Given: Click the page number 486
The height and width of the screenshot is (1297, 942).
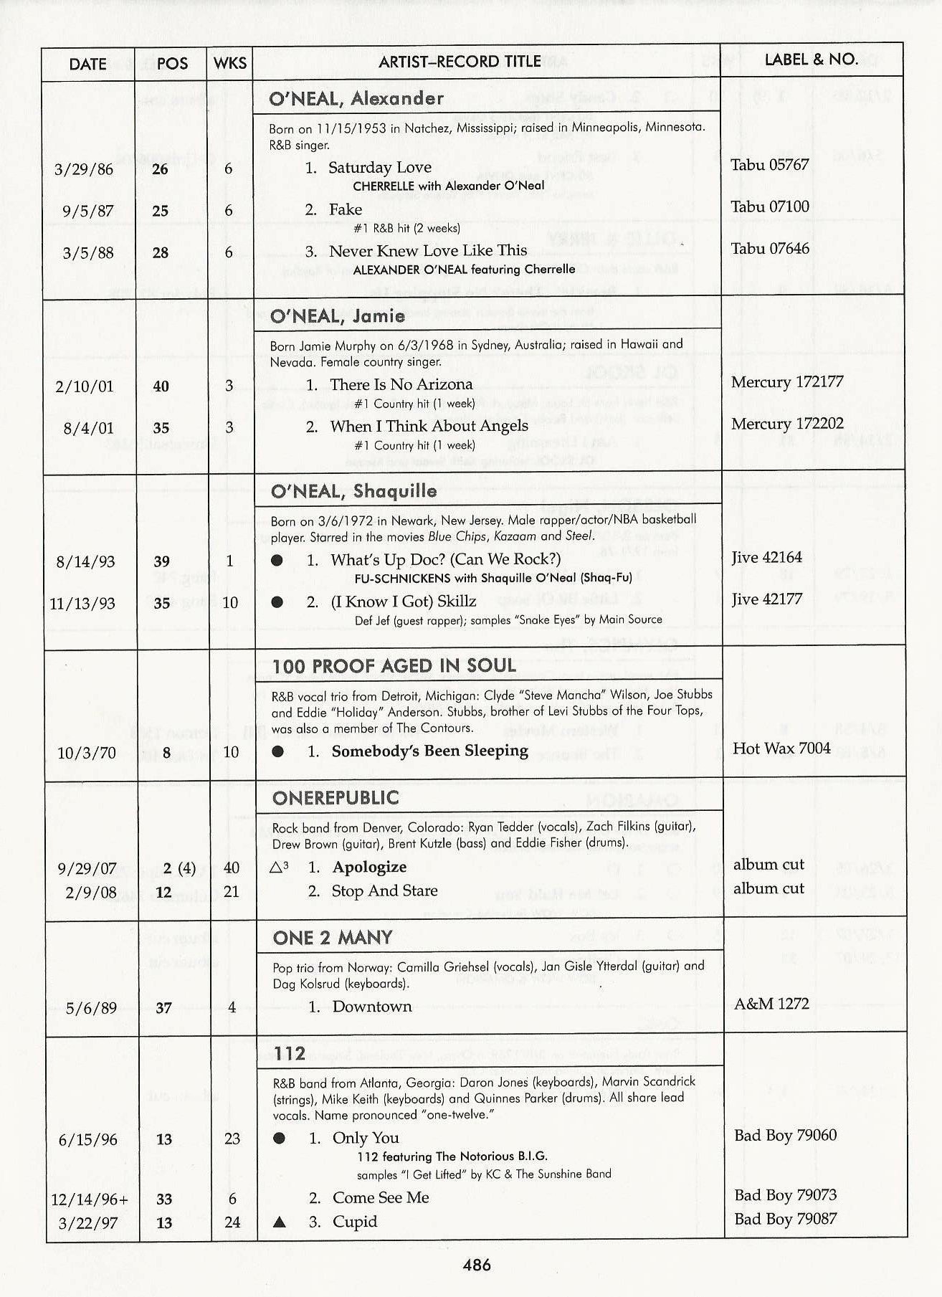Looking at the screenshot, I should coord(477,1265).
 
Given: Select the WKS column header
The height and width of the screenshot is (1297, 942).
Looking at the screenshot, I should coord(230,63).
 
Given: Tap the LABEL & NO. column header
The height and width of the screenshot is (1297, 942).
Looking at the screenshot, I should coord(811,60).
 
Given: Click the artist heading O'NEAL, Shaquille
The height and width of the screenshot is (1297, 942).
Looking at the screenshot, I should coord(353,491).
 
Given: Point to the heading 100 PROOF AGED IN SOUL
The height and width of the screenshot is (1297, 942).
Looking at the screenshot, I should coord(394,666).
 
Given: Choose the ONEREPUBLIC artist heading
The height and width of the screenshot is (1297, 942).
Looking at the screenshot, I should coord(336,798).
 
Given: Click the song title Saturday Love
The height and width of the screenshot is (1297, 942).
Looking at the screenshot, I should coord(379,168).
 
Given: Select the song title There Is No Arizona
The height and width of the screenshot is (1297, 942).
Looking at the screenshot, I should coord(401,385).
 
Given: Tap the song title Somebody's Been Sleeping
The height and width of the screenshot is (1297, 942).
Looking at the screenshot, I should coord(429,751).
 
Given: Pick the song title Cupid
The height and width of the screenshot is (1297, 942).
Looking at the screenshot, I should coord(354,1222).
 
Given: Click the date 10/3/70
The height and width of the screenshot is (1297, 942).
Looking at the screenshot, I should coord(87,753).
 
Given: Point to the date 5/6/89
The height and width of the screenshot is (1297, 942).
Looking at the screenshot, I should coord(91,1008).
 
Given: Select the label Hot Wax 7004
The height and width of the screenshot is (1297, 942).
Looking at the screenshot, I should coord(781,749).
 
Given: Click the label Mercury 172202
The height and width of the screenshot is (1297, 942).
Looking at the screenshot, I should coord(787,424).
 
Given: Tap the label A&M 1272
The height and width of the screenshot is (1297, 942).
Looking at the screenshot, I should coord(771,1004).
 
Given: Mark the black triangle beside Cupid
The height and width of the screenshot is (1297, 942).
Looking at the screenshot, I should coord(280,1222).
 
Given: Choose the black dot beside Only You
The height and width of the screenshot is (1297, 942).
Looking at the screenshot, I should coord(280,1139).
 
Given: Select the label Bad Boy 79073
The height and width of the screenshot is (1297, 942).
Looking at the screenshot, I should coord(785,1195).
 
